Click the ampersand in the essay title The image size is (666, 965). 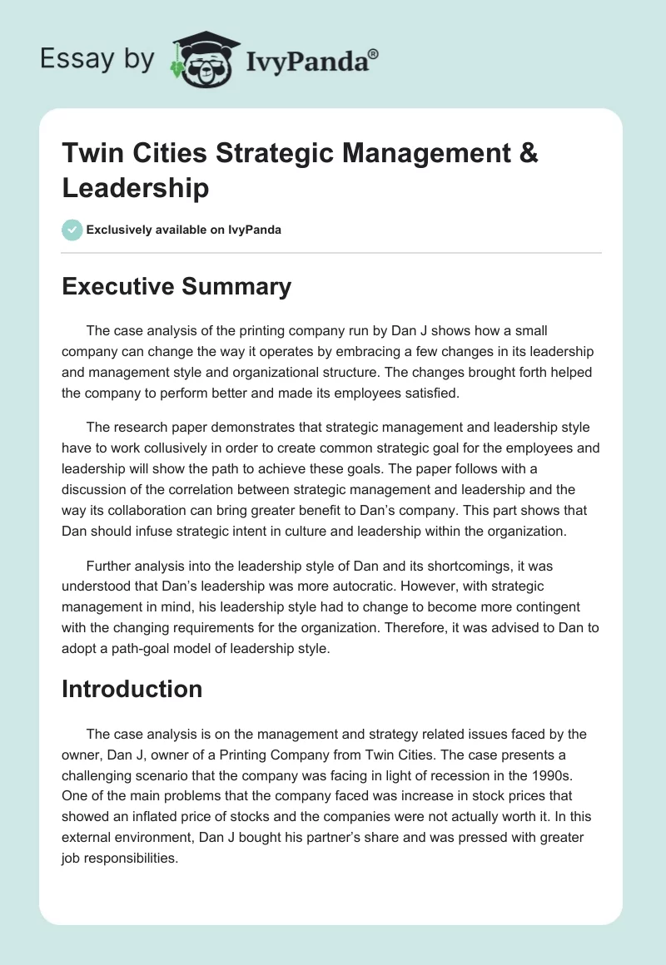pos(528,153)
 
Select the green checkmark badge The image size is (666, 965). pos(72,230)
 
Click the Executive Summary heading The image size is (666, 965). pos(176,287)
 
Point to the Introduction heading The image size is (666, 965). pos(132,689)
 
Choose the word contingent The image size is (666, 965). pos(521,607)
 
